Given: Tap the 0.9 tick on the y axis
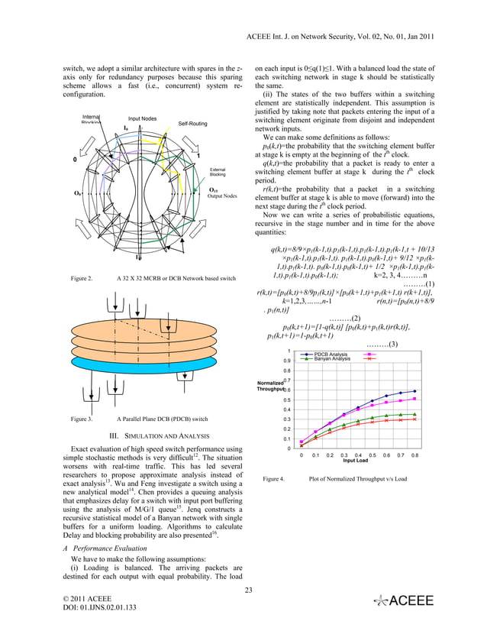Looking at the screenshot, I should pyautogui.click(x=286, y=361).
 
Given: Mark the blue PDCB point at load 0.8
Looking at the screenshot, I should pyautogui.click(x=414, y=391).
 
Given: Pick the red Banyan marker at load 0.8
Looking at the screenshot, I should pyautogui.click(x=414, y=419).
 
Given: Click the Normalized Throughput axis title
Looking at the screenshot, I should pyautogui.click(x=271, y=386).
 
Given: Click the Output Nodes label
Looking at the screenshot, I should pyautogui.click(x=222, y=196).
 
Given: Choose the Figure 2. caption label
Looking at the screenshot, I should pyautogui.click(x=79, y=279).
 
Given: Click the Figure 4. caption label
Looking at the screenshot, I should pyautogui.click(x=273, y=479).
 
